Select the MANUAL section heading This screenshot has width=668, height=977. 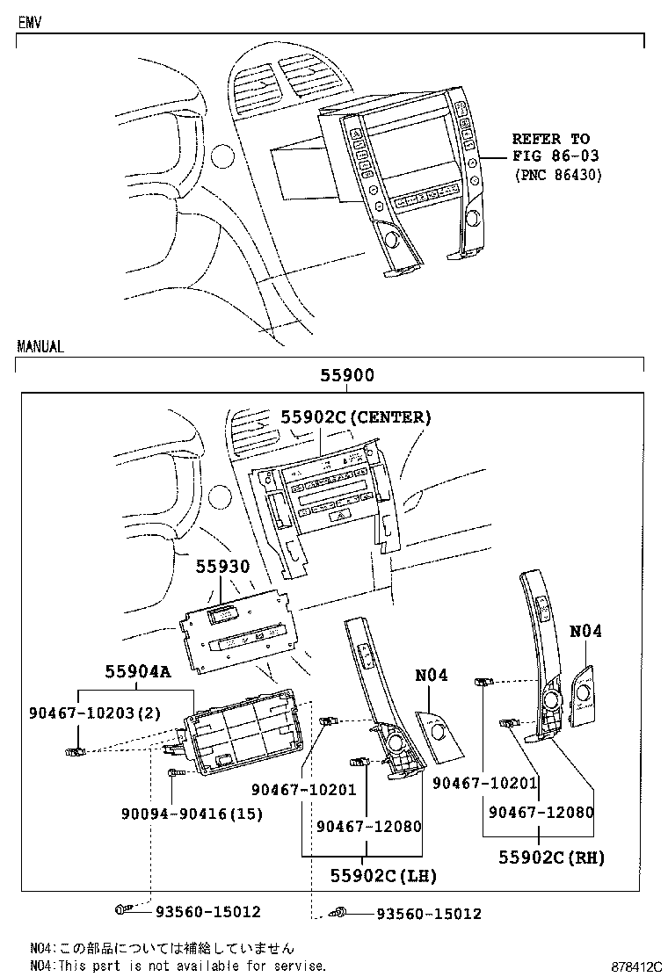(x=40, y=346)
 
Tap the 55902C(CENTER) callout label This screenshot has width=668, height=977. (x=356, y=418)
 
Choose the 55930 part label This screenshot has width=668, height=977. (x=222, y=568)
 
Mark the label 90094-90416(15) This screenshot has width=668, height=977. (x=192, y=814)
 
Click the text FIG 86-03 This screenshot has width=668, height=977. (x=551, y=156)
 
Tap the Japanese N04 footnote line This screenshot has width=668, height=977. (x=162, y=949)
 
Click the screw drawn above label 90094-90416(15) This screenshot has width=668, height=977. (x=173, y=772)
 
